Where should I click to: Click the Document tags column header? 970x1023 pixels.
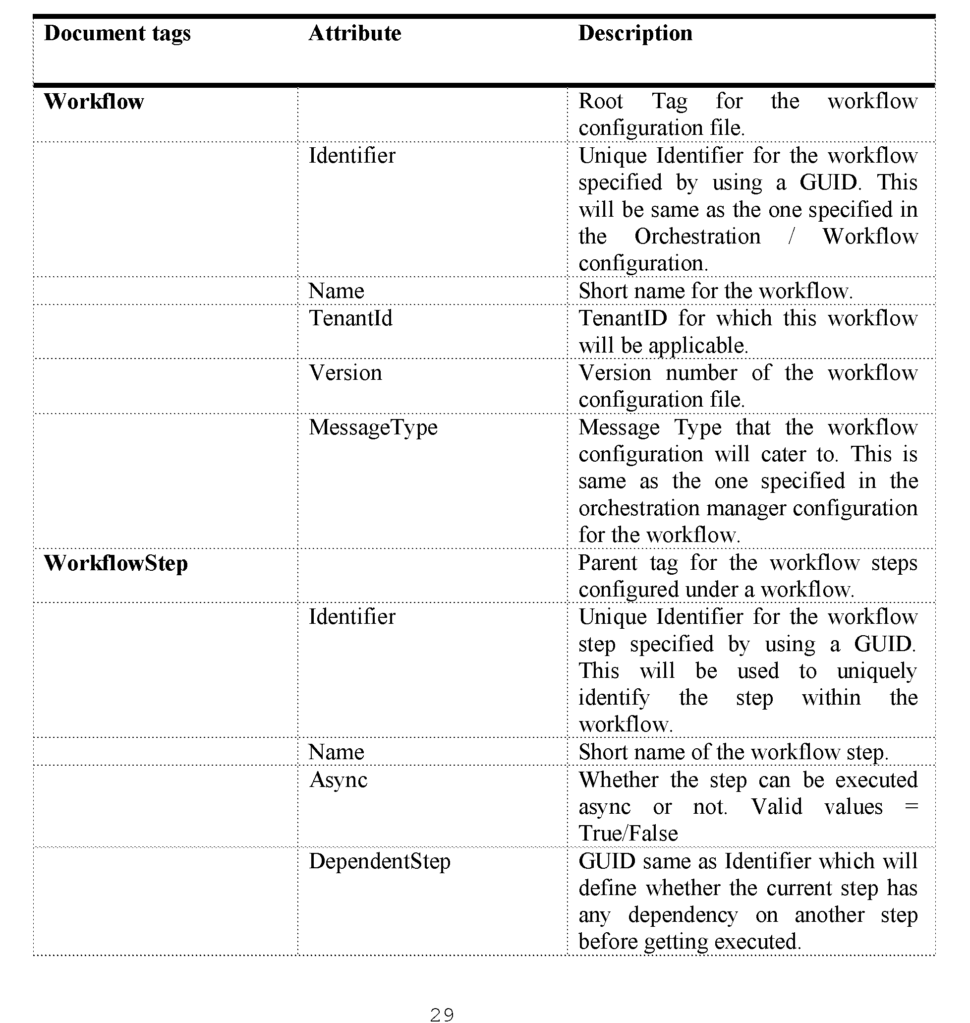click(117, 34)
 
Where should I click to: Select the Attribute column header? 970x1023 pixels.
click(355, 34)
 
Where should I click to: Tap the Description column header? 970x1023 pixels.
click(635, 34)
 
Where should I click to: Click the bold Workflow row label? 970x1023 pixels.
click(94, 101)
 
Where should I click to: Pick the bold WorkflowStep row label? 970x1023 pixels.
click(116, 563)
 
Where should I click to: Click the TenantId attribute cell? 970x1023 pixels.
click(350, 318)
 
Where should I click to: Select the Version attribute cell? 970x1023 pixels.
click(345, 372)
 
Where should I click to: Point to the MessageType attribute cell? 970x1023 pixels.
click(373, 427)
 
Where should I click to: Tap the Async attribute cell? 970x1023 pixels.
click(338, 780)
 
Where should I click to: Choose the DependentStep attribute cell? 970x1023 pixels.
click(380, 861)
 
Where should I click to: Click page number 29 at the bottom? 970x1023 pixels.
click(442, 1015)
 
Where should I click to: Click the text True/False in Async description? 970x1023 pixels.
click(628, 833)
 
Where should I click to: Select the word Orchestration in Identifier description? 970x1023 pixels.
click(697, 237)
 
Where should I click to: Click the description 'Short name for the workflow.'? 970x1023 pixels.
click(715, 291)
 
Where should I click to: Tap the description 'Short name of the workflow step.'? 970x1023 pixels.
click(733, 752)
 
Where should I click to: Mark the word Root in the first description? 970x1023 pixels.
click(600, 101)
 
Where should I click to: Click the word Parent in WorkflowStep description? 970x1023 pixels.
click(608, 563)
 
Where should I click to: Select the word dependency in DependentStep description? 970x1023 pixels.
click(683, 915)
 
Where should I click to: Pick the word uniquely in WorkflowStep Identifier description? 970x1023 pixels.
click(876, 671)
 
